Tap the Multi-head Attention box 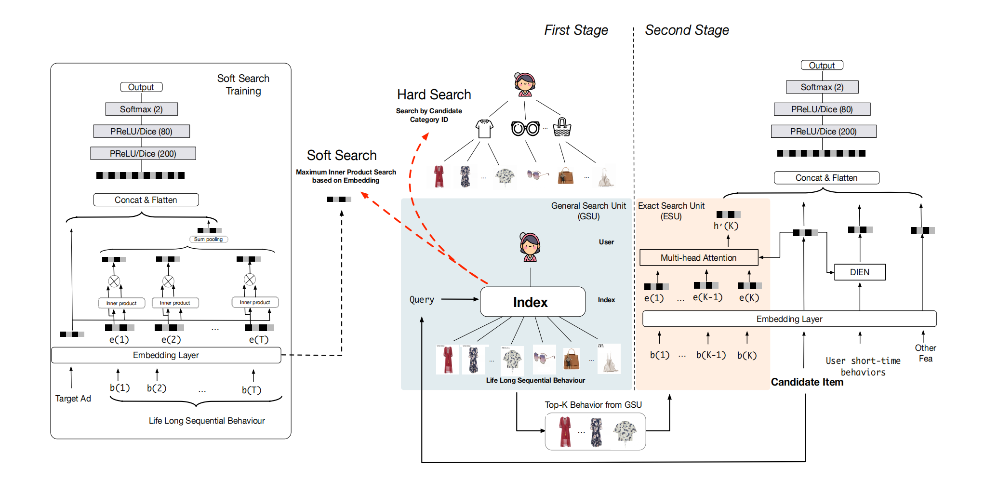point(698,258)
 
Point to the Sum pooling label point(208,239)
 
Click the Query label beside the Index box point(422,300)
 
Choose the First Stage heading point(576,30)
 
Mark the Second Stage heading point(687,30)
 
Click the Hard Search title point(434,94)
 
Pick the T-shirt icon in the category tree point(484,129)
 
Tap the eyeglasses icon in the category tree point(525,129)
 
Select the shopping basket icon point(562,128)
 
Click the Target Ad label point(73,399)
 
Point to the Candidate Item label point(807,382)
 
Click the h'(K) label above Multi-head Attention point(726,226)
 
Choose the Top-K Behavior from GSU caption point(593,405)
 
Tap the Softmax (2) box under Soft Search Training point(141,109)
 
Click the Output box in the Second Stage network point(822,66)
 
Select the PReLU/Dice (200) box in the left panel point(143,154)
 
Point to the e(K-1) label point(707,297)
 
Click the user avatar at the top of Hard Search point(524,85)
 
